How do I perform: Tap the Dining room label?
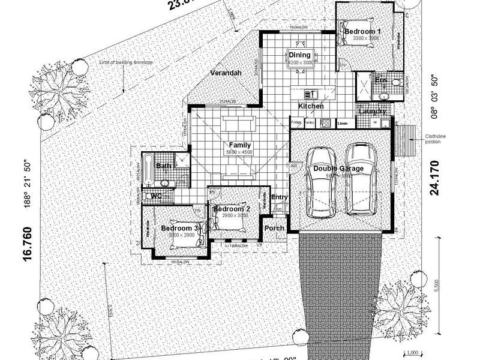click(x=300, y=55)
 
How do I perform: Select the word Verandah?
click(x=226, y=73)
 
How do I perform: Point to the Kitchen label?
click(x=311, y=106)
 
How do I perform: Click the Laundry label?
click(x=372, y=111)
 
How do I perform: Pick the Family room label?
click(x=239, y=145)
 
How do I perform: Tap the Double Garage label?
click(x=338, y=169)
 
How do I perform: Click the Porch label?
click(x=274, y=228)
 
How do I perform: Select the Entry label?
click(x=280, y=197)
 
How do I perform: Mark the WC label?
click(x=156, y=196)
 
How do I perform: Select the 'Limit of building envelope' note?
click(x=127, y=62)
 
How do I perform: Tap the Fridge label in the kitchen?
click(x=296, y=122)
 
